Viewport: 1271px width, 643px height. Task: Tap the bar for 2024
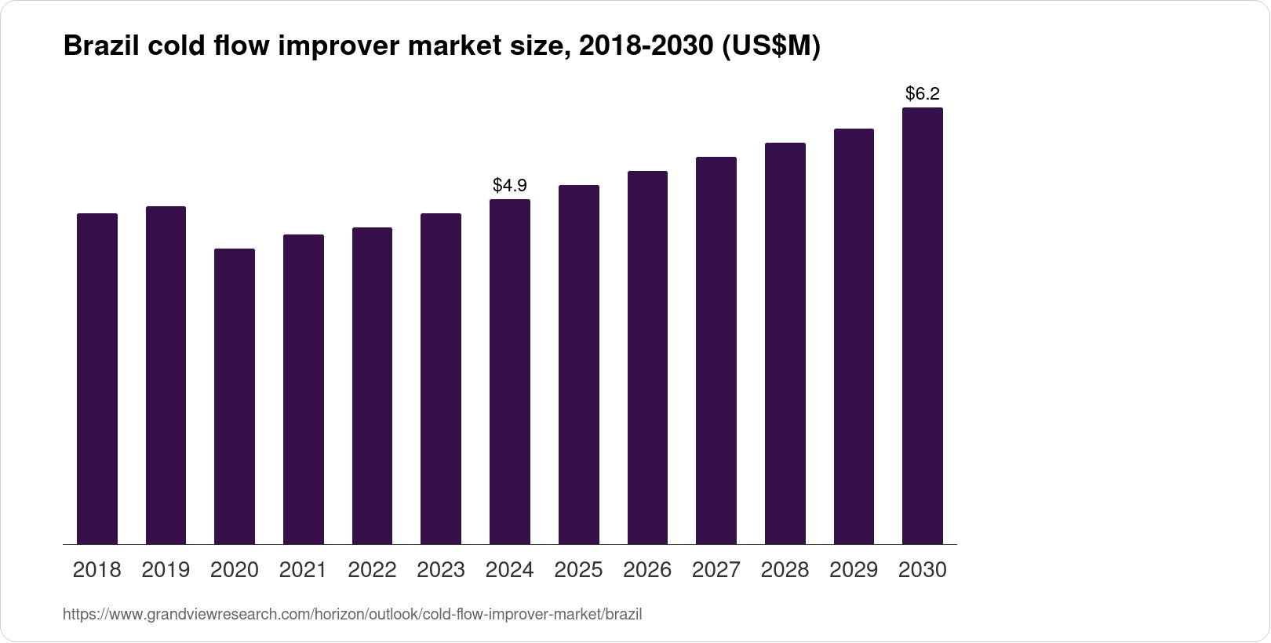coord(510,372)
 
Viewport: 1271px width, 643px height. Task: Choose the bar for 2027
coord(716,351)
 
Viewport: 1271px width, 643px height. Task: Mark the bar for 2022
coord(372,386)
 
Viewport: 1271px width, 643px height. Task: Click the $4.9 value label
coord(510,186)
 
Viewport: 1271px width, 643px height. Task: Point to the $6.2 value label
coord(923,94)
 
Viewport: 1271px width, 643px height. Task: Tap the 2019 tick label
coord(166,570)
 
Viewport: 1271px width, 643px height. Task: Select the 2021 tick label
coord(304,570)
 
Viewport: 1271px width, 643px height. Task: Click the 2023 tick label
coord(441,570)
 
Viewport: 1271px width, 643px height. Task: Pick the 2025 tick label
coord(578,570)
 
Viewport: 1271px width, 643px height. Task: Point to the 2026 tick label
coord(647,570)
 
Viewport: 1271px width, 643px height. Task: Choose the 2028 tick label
coord(785,570)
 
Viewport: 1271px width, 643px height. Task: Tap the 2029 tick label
coord(854,570)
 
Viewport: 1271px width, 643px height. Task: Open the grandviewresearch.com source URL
coord(352,615)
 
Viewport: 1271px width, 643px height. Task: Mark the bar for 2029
coord(854,336)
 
